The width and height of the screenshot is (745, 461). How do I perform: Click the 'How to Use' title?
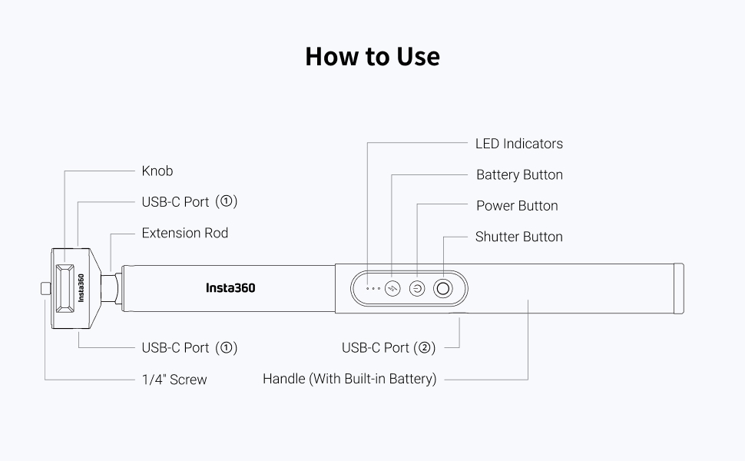tap(372, 57)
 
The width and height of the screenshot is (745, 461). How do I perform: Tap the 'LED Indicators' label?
tap(518, 144)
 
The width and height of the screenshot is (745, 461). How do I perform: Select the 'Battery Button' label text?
tap(519, 175)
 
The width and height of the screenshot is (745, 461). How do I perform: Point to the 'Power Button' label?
tap(517, 206)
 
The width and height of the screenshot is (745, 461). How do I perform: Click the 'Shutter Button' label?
tap(518, 237)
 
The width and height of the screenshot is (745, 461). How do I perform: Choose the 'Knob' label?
tap(157, 171)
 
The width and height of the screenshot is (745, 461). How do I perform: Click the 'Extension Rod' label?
tap(184, 233)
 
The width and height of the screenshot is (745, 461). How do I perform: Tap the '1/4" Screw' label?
tap(174, 380)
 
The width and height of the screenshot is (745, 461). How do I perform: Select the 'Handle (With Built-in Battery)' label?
tap(349, 379)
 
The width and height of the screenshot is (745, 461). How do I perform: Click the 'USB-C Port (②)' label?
tap(389, 348)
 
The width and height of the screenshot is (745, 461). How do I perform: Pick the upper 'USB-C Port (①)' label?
tap(189, 202)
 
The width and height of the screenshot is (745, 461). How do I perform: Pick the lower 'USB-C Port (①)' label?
tap(189, 348)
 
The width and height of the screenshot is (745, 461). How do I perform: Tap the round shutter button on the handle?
tap(443, 289)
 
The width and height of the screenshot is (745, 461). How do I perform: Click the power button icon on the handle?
tap(417, 289)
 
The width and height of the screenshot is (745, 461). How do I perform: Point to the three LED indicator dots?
tap(373, 289)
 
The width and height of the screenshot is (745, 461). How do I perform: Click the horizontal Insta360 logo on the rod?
tap(230, 288)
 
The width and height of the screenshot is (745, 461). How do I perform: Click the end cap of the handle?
tap(679, 288)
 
